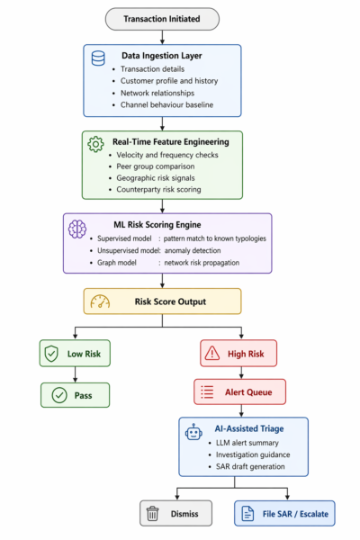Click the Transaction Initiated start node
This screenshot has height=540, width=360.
162,18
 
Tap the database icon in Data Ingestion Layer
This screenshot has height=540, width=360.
98,58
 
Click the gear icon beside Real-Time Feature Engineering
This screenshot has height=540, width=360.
95,143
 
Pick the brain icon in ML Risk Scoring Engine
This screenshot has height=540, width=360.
77,227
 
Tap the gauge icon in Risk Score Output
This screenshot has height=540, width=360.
98,301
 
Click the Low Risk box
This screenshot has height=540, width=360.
76,355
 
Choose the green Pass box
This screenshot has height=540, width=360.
76,394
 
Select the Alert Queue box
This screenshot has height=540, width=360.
239,391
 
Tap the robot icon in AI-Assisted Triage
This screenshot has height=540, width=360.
193,432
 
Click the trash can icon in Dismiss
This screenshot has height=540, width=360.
152,514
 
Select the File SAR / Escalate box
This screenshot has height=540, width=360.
284,514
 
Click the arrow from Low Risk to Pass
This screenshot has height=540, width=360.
76,374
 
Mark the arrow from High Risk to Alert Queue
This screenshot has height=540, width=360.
239,373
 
